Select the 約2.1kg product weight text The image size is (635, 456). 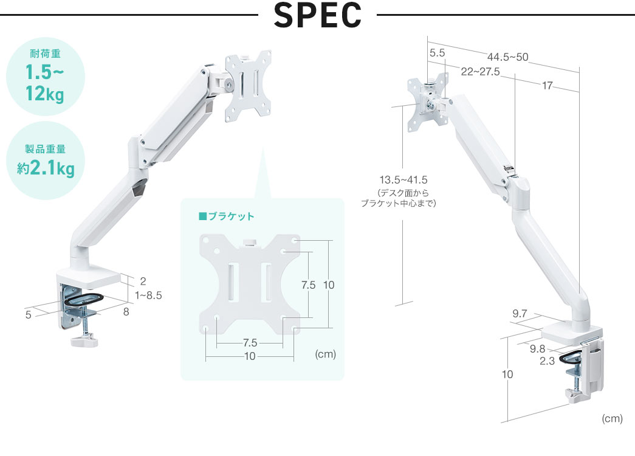[x=46, y=168]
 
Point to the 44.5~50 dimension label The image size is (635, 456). [x=507, y=58]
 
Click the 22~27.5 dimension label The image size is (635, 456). [x=480, y=72]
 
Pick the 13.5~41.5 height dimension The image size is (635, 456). [x=403, y=180]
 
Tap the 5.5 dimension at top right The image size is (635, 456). [x=437, y=54]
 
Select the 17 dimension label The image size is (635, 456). [x=548, y=86]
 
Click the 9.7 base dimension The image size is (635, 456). [x=520, y=314]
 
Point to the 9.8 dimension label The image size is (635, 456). [x=537, y=348]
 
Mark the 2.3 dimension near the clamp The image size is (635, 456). [x=547, y=361]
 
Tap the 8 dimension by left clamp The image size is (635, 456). [x=126, y=312]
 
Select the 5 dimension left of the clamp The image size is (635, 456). [x=28, y=315]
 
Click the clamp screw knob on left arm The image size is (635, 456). [x=83, y=340]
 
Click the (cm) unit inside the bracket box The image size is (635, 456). [x=326, y=354]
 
